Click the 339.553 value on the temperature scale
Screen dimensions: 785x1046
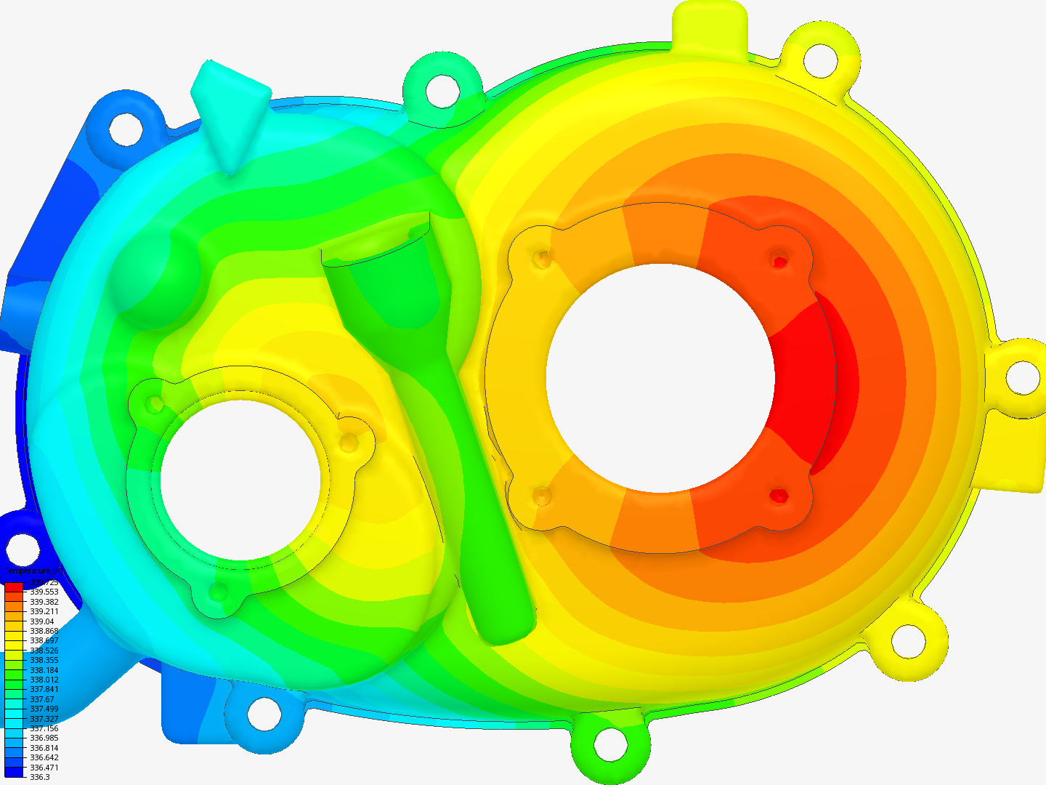tap(44, 592)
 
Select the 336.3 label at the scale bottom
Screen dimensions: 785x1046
tap(39, 777)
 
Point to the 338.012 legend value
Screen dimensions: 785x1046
tap(44, 680)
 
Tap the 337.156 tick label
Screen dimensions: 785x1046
tap(44, 728)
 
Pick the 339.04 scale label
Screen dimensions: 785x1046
tap(41, 621)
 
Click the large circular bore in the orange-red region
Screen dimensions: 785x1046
tap(660, 378)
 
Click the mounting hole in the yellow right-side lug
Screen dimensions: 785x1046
tap(1022, 377)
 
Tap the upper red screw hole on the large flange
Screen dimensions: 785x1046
tap(779, 260)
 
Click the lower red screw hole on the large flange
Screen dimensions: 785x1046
tap(779, 496)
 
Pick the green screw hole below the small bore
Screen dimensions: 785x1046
tap(218, 592)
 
